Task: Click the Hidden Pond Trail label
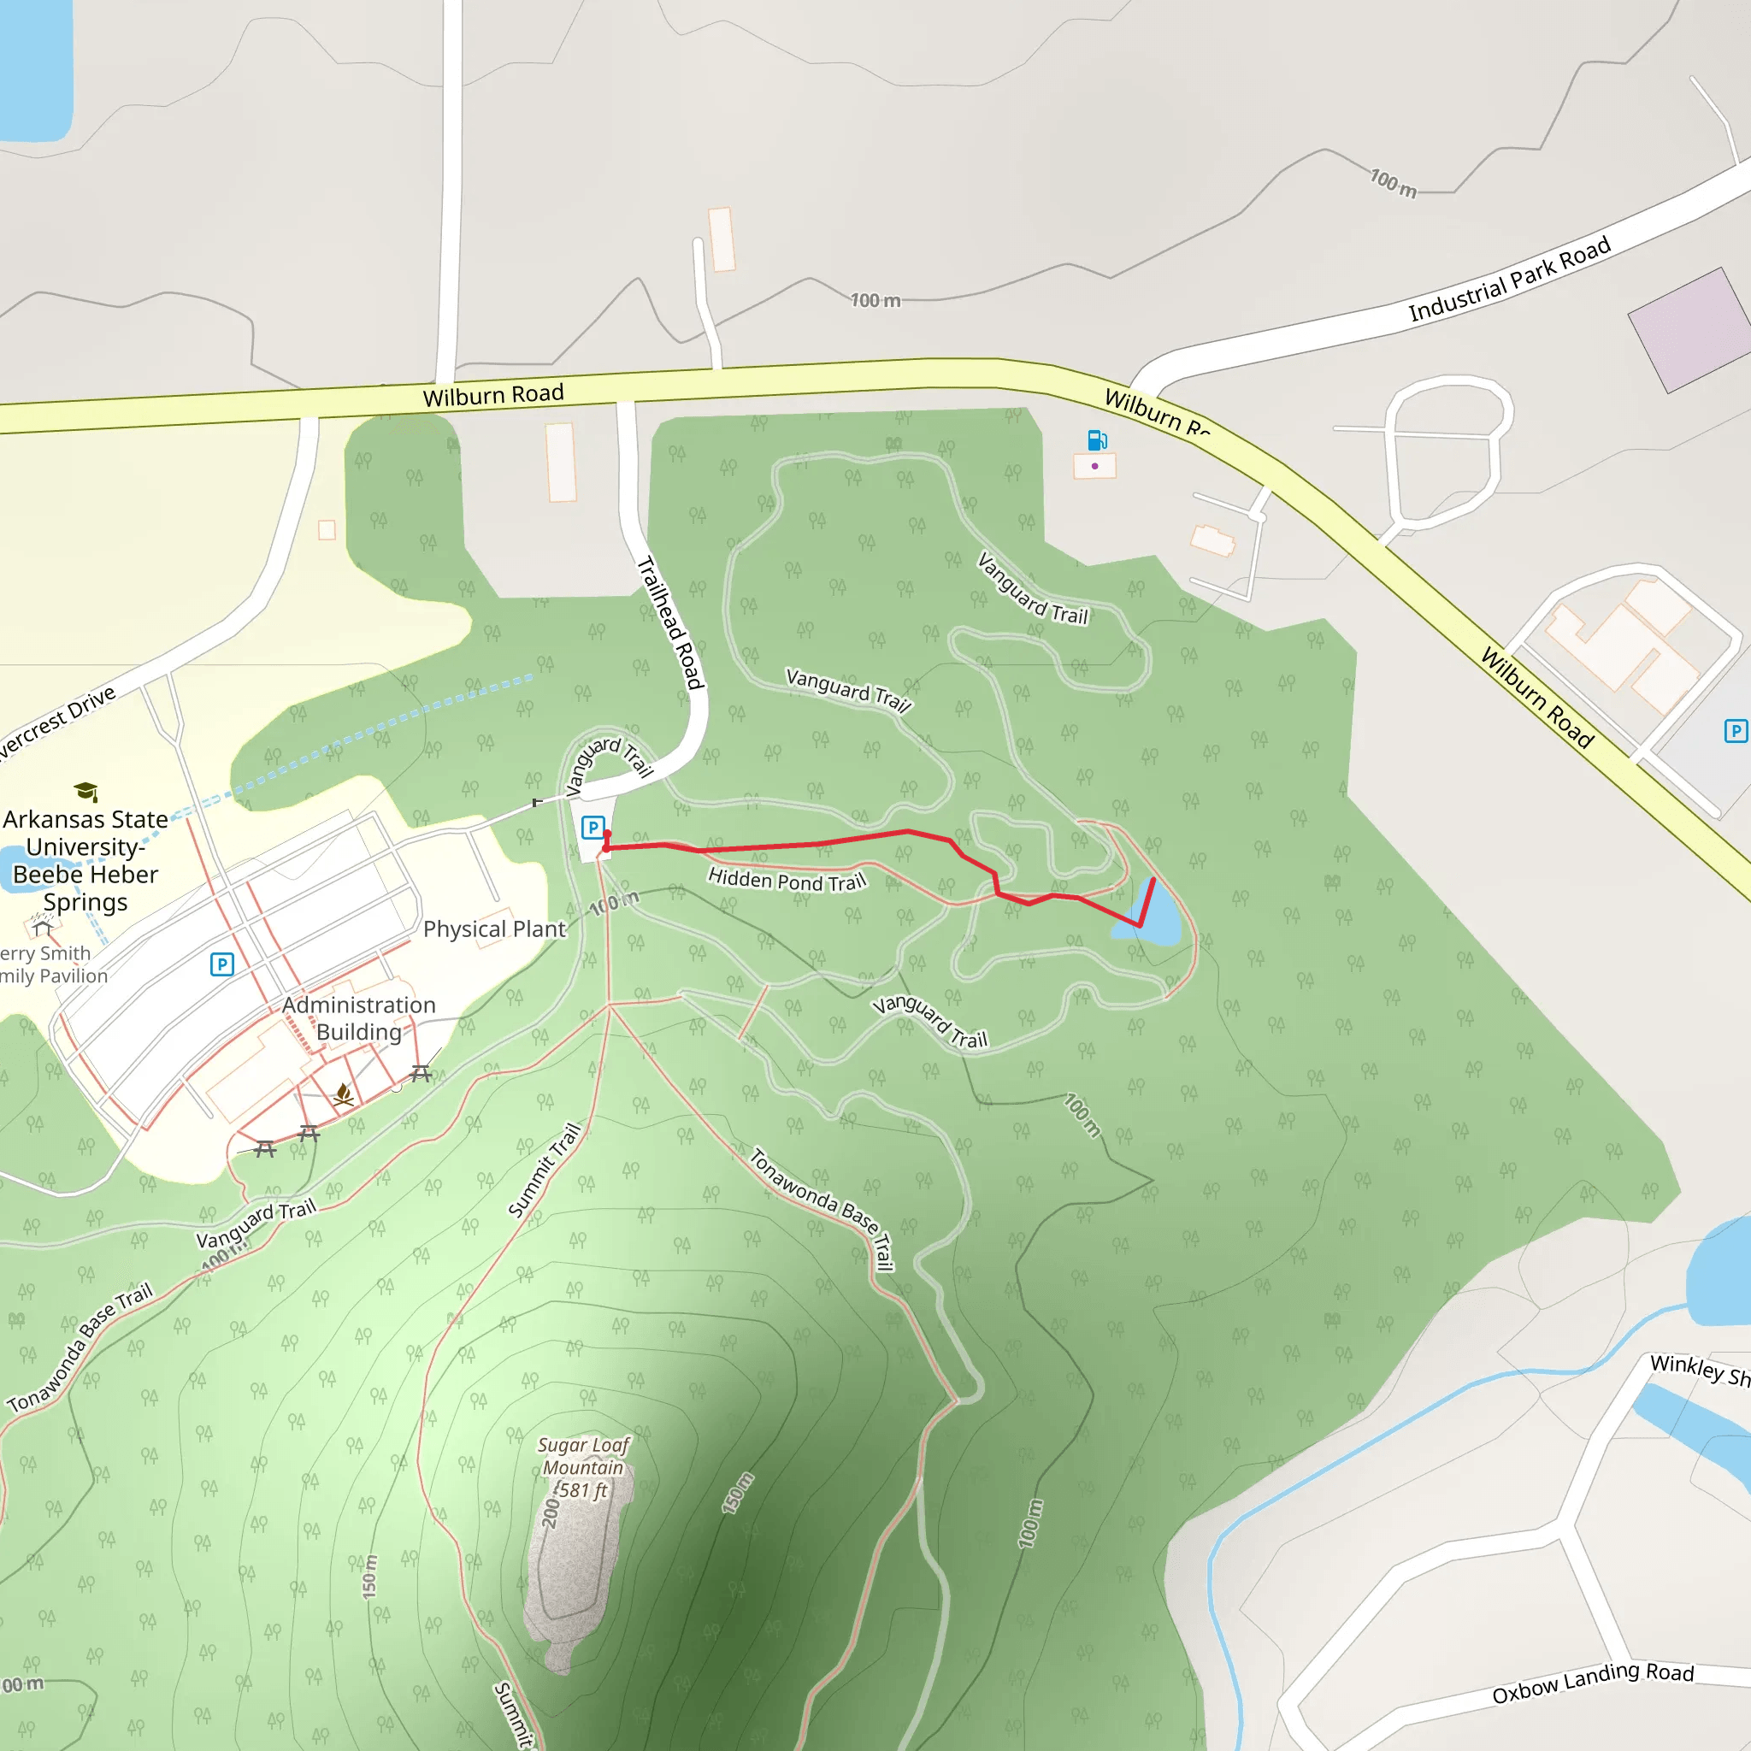787,880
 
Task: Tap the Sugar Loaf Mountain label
583,1467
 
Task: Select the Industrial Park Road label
1509,278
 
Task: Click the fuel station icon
1097,440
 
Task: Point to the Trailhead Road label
670,622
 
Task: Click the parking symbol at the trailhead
593,827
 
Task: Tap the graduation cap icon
86,791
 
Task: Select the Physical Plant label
494,929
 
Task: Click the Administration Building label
359,1017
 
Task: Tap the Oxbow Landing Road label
1592,1682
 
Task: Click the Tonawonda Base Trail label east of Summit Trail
822,1209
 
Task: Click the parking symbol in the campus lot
222,964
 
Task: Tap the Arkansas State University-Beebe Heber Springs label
85,860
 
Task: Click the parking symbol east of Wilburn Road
1735,731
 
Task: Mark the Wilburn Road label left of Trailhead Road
493,395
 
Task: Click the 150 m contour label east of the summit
737,1494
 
